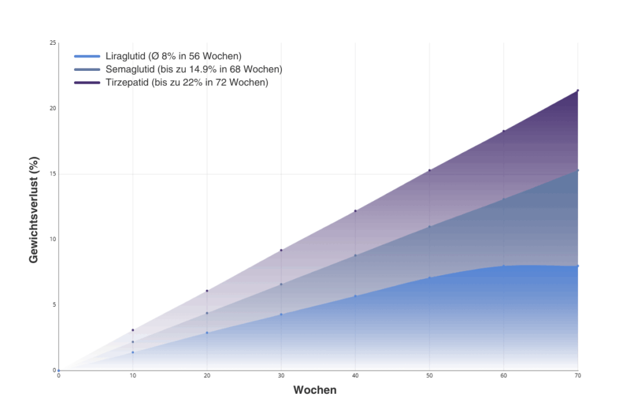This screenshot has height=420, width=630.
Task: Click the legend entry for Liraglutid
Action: [173, 56]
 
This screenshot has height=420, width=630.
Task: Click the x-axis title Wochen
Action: [315, 390]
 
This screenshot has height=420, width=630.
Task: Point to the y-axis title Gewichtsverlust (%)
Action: [34, 210]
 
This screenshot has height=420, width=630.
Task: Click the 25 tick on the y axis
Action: [53, 43]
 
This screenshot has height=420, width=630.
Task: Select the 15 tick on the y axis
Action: [53, 174]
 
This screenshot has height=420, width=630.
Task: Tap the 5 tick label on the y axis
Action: [54, 304]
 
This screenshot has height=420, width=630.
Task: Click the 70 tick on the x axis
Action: [577, 375]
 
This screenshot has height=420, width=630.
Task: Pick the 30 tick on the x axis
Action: [281, 375]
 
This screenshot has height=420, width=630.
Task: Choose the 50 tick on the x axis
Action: [429, 375]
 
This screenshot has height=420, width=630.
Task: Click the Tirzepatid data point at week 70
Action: [577, 90]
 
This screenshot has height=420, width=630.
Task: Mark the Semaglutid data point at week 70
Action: [577, 170]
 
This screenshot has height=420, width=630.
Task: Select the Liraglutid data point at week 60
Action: [503, 266]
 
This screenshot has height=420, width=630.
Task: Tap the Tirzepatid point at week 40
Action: [355, 211]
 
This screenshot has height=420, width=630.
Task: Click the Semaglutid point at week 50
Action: [429, 227]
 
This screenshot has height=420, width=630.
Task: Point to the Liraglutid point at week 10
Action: [133, 352]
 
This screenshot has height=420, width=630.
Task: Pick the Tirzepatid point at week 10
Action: [133, 330]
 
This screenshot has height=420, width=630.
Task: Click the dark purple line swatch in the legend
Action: [86, 82]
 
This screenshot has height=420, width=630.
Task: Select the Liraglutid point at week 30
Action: [281, 314]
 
